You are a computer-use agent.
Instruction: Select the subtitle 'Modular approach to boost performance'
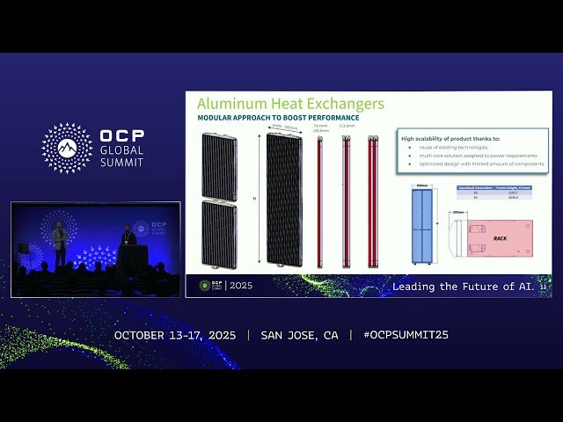(278, 118)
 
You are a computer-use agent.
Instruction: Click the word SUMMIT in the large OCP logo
(121, 163)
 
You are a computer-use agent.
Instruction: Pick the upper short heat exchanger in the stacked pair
(219, 166)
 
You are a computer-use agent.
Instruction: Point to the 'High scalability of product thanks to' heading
(450, 138)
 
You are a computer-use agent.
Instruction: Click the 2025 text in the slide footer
(239, 286)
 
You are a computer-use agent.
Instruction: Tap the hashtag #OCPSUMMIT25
(406, 335)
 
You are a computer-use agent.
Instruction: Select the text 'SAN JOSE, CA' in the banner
(299, 335)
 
